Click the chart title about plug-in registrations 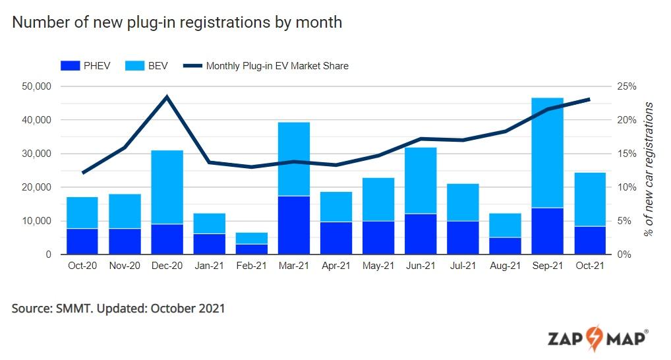(177, 22)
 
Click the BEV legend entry (138, 65)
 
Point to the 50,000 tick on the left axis (37, 86)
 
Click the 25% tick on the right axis (626, 86)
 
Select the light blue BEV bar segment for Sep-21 (548, 152)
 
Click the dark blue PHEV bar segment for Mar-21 (294, 225)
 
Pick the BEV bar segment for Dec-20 (167, 187)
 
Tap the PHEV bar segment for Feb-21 (252, 249)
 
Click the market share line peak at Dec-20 (167, 97)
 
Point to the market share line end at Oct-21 (589, 100)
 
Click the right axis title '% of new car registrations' (649, 169)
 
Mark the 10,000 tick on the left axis (37, 221)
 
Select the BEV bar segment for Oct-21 (589, 199)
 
